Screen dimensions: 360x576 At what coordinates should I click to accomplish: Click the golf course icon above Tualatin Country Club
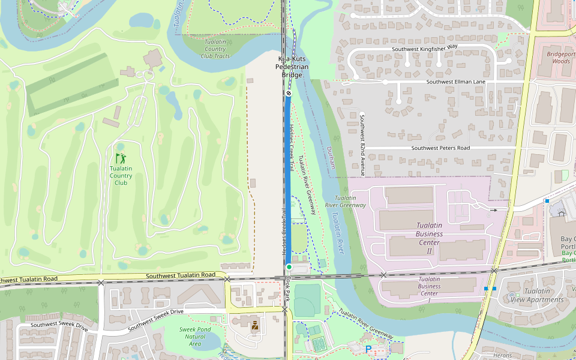point(121,158)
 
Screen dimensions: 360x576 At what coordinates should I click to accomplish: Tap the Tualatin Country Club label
point(121,176)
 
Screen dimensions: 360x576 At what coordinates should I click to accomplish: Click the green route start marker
point(289,266)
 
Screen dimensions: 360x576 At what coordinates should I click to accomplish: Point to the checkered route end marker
point(289,93)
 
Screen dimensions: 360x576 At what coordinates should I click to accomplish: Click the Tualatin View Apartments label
point(536,295)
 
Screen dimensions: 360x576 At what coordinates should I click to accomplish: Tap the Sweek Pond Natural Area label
point(194,337)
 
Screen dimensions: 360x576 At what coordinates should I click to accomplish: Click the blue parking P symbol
point(368,349)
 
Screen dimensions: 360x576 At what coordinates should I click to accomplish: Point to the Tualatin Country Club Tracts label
point(215,49)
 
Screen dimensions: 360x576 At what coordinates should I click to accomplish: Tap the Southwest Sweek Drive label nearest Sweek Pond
point(155,319)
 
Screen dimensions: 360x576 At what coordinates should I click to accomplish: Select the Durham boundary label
point(331,158)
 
